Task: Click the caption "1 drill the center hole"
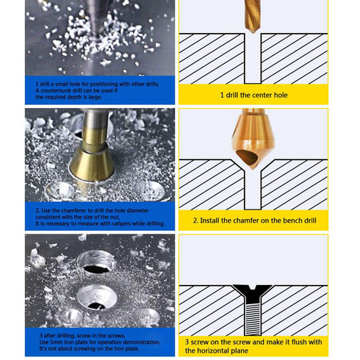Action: (253, 95)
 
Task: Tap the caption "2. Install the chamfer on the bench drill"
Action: (253, 220)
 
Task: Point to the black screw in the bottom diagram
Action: (253, 304)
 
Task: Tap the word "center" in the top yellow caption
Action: (258, 95)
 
